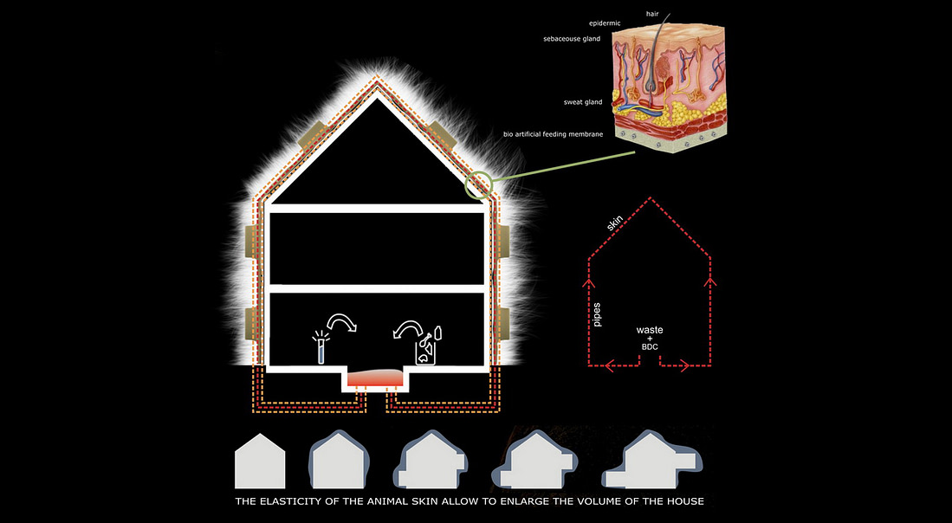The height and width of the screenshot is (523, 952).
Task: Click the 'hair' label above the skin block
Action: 652,13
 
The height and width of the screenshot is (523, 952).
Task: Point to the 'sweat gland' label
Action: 582,102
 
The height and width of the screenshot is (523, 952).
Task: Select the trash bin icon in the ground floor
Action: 425,346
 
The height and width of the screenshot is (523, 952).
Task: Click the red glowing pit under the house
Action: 376,378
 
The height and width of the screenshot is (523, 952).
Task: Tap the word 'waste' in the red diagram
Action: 651,331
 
